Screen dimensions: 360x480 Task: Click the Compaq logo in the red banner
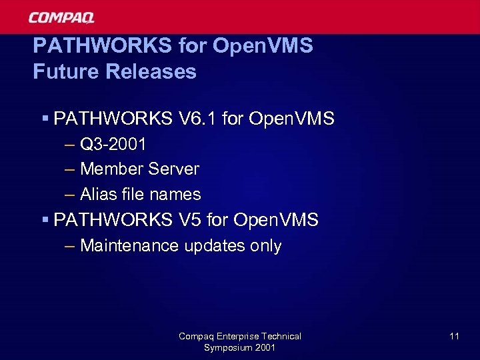point(61,17)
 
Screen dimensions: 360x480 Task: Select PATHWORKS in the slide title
point(103,46)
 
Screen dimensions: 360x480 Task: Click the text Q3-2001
point(113,144)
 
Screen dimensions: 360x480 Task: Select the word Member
point(111,169)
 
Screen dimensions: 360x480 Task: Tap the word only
point(265,246)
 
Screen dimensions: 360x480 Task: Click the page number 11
point(454,337)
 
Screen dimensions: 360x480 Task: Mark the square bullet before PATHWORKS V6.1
point(45,119)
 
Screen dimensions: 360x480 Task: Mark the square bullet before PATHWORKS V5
point(45,219)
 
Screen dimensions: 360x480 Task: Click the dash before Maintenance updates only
point(71,246)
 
